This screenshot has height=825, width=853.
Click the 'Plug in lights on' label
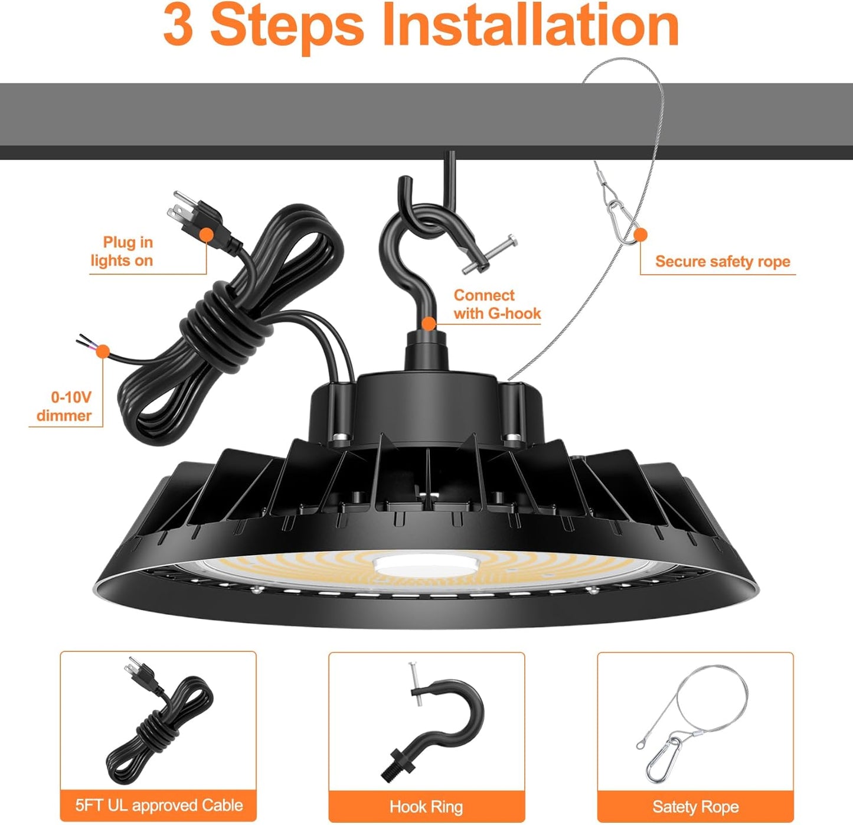[x=122, y=252]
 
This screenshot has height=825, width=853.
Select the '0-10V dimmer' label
[x=64, y=406]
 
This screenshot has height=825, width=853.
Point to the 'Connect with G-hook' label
[x=496, y=304]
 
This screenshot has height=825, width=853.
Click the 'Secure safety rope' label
[x=722, y=262]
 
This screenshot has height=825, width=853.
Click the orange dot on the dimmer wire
[x=103, y=351]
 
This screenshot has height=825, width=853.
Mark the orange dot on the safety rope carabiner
[x=640, y=235]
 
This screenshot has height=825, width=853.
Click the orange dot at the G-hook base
[x=429, y=323]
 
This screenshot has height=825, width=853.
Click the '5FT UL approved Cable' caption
[x=159, y=806]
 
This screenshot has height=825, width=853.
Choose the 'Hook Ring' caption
[x=426, y=806]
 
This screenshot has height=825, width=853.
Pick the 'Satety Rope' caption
[x=695, y=806]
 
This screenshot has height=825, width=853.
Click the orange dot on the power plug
[x=206, y=234]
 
